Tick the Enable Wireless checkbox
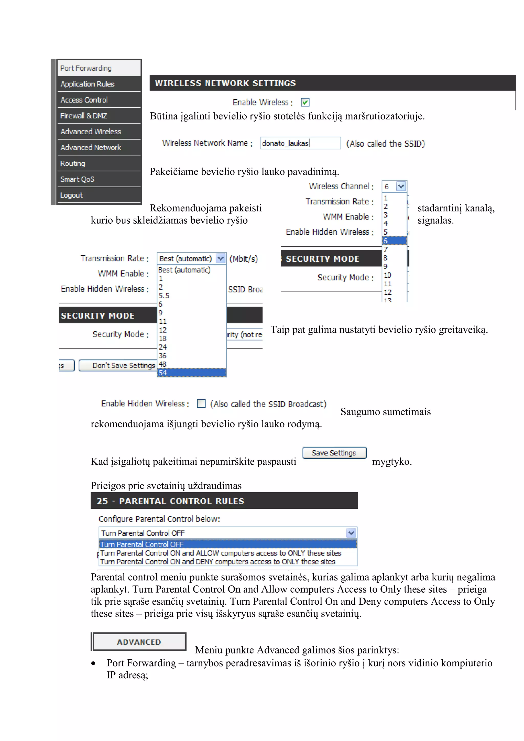click(305, 102)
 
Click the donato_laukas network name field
click(300, 143)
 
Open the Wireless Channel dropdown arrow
click(401, 186)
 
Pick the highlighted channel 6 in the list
click(394, 241)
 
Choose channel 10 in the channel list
click(388, 275)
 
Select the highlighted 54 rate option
click(191, 373)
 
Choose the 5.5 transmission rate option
click(164, 296)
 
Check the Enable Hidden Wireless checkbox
click(201, 404)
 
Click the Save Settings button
click(334, 453)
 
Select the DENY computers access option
click(218, 562)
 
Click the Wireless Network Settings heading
click(225, 83)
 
